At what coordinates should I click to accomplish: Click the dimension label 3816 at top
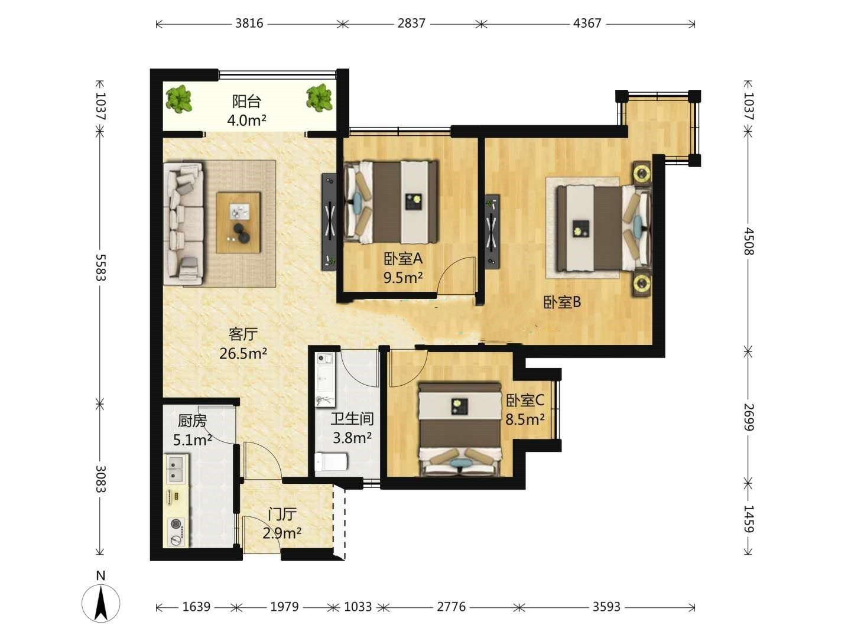coord(249,24)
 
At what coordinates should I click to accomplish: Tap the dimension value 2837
coord(411,24)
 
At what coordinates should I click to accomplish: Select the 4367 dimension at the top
coord(587,24)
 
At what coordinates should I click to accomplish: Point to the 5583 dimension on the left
coord(100,267)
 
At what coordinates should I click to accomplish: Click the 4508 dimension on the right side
coord(749,242)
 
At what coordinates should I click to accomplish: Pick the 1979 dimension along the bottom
coord(284,607)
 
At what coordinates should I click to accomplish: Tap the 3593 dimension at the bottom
coord(606,607)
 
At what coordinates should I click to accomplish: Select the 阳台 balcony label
coord(246,102)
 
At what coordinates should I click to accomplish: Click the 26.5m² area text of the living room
coord(243,353)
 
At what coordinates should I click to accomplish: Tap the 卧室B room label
coord(562,302)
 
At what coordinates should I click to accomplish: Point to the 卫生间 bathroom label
coord(352,419)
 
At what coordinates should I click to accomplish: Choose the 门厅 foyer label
coord(282,515)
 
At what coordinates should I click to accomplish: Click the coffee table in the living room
coord(238,222)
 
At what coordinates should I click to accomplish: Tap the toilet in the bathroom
coord(331,461)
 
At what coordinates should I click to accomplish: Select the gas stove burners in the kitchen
coord(177,530)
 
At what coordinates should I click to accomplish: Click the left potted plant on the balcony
coord(178,99)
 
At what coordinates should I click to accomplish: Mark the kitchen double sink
coord(176,469)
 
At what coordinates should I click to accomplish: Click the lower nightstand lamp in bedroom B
coord(642,284)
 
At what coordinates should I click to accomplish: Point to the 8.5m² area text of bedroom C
coord(525,419)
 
